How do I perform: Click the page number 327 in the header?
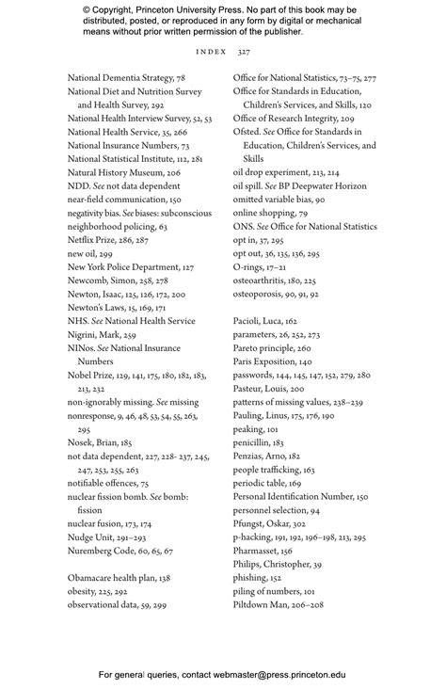coord(244,52)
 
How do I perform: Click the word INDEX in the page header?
coord(212,52)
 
